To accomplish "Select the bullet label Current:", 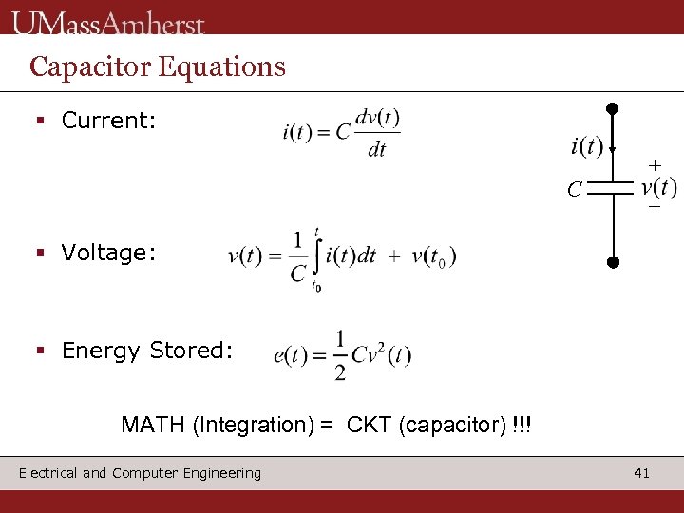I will pos(109,121).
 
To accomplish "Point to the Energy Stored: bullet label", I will pos(147,351).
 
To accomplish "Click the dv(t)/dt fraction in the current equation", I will pos(377,133).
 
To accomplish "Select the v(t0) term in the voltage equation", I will pos(433,256).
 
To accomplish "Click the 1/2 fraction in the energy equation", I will pos(340,355).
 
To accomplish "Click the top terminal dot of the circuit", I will pos(613,108).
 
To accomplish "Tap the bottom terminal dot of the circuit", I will pos(613,262).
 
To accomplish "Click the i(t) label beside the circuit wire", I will pos(586,146).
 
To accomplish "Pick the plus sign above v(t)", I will pos(655,164).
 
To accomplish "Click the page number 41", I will pos(641,472).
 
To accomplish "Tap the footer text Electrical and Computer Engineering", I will pos(140,473).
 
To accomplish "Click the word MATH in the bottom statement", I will pos(153,425).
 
